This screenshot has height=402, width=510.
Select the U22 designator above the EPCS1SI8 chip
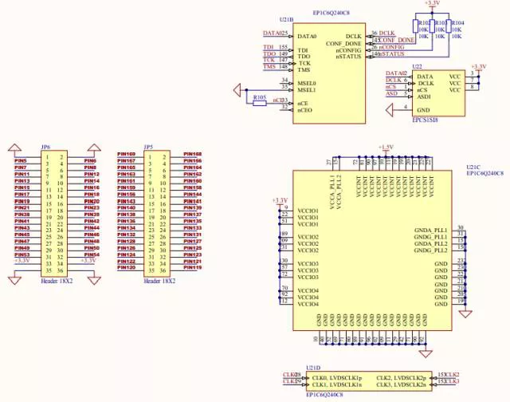click(x=416, y=68)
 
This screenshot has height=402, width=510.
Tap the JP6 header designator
click(x=46, y=148)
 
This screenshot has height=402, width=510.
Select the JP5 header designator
click(x=148, y=148)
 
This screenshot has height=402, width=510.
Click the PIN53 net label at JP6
click(x=22, y=254)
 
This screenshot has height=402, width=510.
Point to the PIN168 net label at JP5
click(x=192, y=154)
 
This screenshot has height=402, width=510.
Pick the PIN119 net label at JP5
click(x=192, y=267)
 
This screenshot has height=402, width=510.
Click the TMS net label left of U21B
click(x=269, y=67)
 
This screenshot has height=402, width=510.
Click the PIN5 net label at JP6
click(x=21, y=160)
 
